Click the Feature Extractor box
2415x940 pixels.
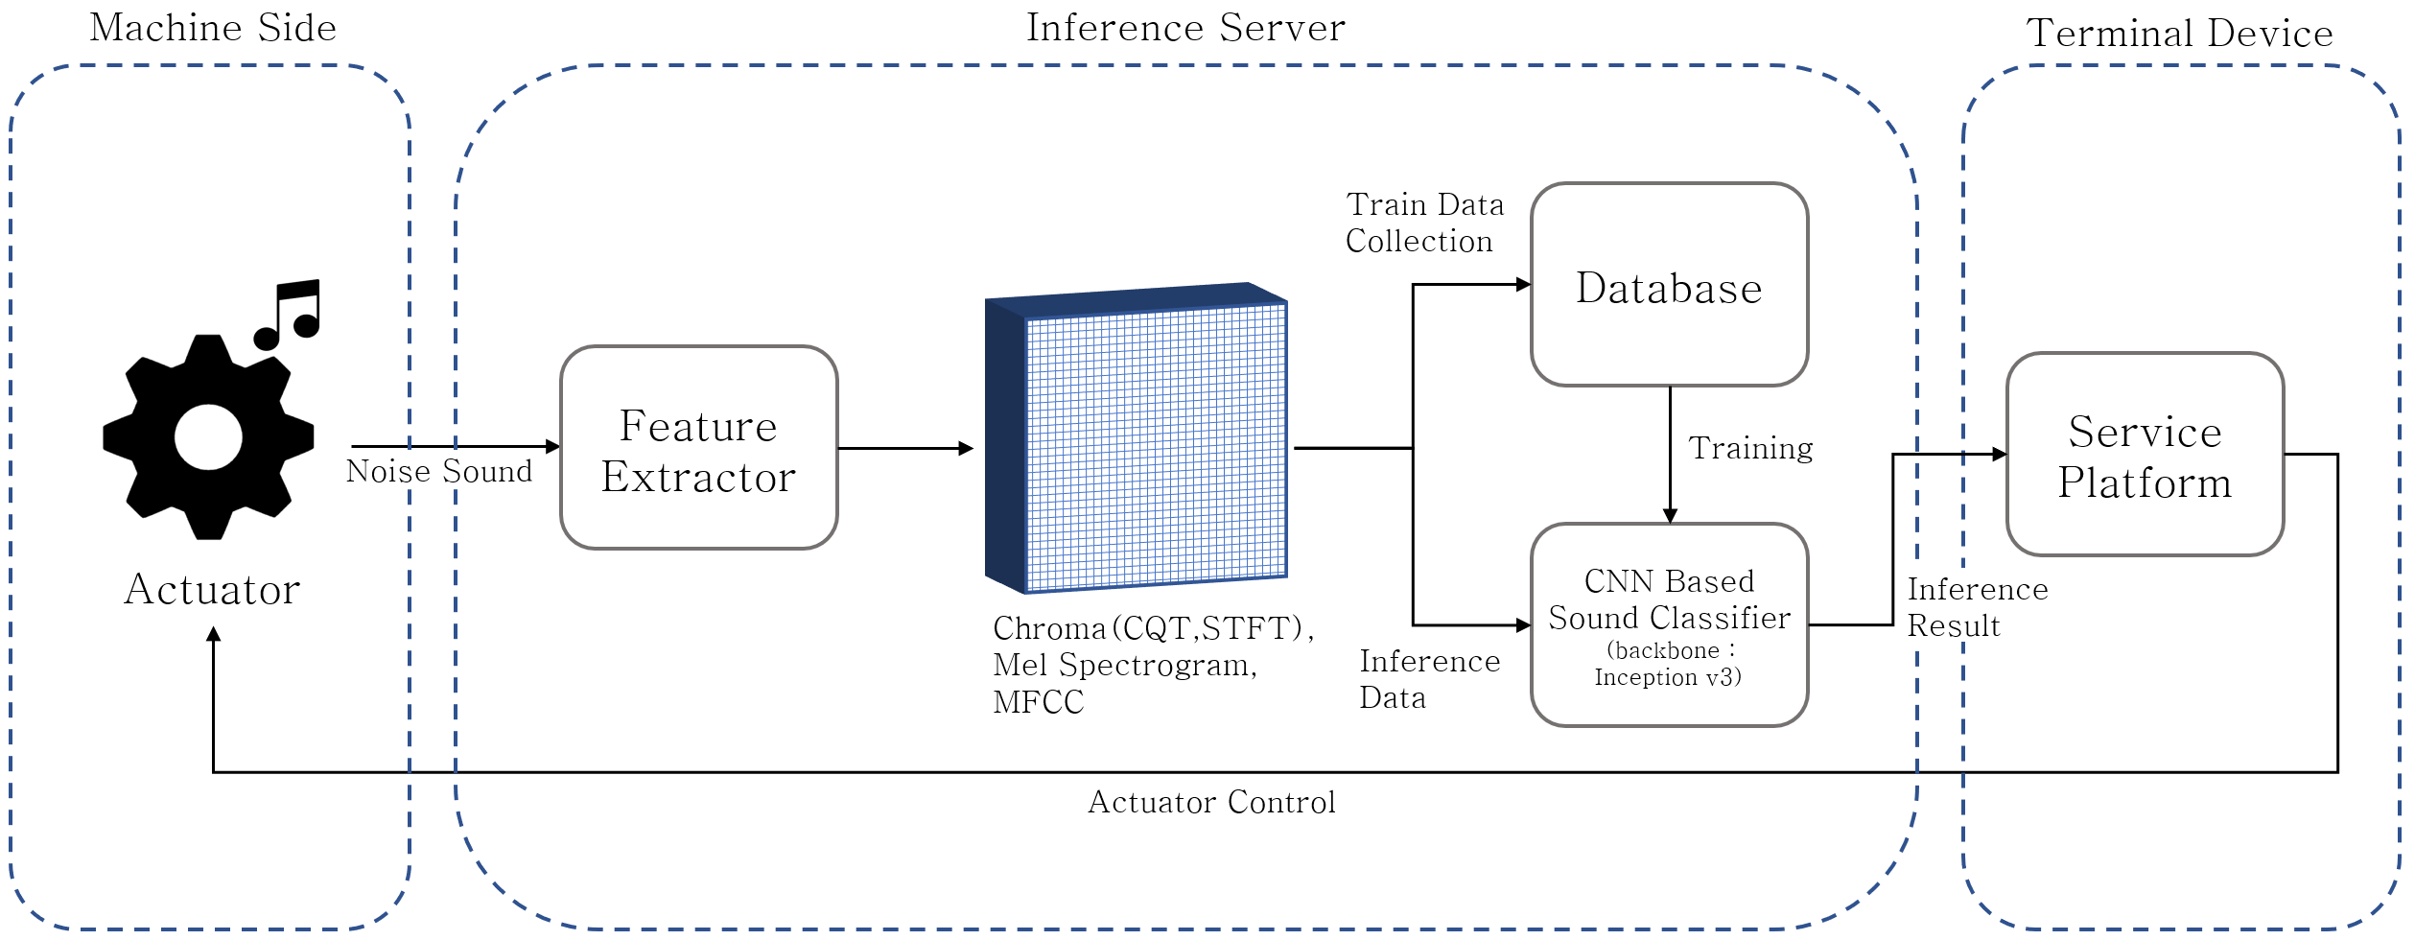point(698,448)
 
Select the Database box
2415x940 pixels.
point(1669,285)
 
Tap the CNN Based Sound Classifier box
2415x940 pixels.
point(1669,624)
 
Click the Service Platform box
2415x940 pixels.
point(2145,455)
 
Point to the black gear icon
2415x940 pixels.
point(208,437)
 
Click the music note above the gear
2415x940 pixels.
point(289,315)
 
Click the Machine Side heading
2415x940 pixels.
point(213,28)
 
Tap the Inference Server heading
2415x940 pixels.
point(1185,28)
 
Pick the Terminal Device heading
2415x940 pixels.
point(2179,34)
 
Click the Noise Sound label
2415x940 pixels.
point(439,472)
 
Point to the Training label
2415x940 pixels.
point(1750,449)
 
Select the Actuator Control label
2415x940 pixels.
point(1211,803)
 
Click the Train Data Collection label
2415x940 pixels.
point(1423,223)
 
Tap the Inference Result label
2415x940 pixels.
point(1976,607)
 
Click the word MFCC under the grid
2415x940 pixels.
point(1038,703)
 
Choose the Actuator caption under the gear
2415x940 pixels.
point(213,590)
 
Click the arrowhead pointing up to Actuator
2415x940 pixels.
point(214,634)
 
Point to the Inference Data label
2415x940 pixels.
point(1428,679)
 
